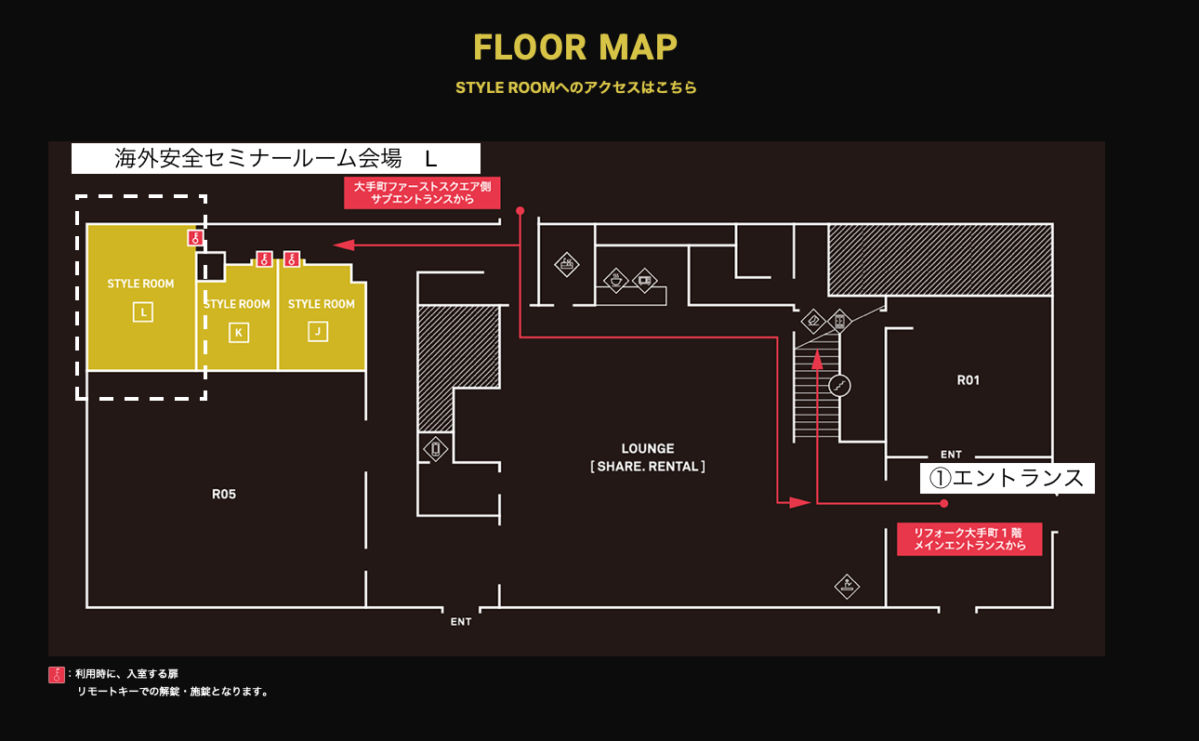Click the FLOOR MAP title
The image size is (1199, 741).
pyautogui.click(x=575, y=47)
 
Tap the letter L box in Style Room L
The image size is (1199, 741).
pyautogui.click(x=143, y=311)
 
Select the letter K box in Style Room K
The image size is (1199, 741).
pyautogui.click(x=239, y=333)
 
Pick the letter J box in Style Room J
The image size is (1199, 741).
pyautogui.click(x=318, y=331)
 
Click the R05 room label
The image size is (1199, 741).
pyautogui.click(x=224, y=494)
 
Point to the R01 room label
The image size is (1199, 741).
pyautogui.click(x=968, y=380)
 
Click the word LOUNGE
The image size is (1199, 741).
pyautogui.click(x=648, y=448)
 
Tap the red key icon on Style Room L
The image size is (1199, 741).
pyautogui.click(x=195, y=238)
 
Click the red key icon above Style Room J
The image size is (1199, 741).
pyautogui.click(x=292, y=259)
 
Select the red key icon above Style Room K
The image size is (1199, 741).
pyautogui.click(x=264, y=259)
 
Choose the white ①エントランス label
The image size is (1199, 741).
pyautogui.click(x=1007, y=478)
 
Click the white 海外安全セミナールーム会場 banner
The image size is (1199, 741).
pyautogui.click(x=276, y=158)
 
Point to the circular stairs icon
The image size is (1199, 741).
pyautogui.click(x=839, y=386)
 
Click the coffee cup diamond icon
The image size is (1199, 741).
pyautogui.click(x=615, y=280)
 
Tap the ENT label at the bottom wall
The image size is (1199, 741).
pyautogui.click(x=461, y=622)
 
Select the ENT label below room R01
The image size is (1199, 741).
pyautogui.click(x=951, y=455)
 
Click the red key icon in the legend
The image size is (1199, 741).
pyautogui.click(x=56, y=675)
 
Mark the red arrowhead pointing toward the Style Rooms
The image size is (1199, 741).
pyautogui.click(x=344, y=245)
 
